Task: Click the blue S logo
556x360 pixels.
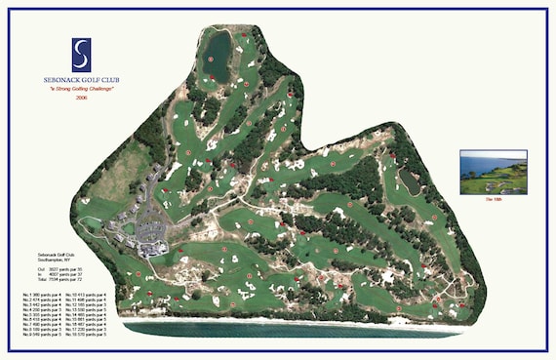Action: click(81, 55)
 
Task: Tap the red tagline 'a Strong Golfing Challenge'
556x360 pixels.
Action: click(82, 89)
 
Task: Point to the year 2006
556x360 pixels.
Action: click(81, 98)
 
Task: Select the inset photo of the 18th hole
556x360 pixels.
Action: click(493, 172)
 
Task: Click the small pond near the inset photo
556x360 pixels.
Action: click(410, 180)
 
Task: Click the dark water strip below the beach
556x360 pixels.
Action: click(293, 330)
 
